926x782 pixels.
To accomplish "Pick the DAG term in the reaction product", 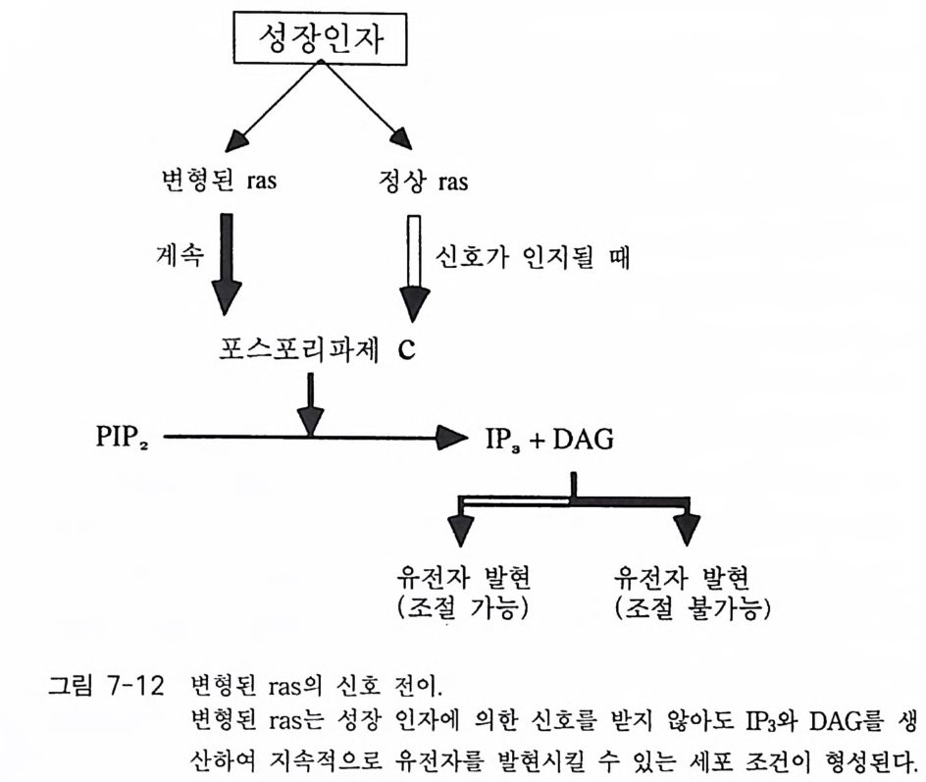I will (583, 438).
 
